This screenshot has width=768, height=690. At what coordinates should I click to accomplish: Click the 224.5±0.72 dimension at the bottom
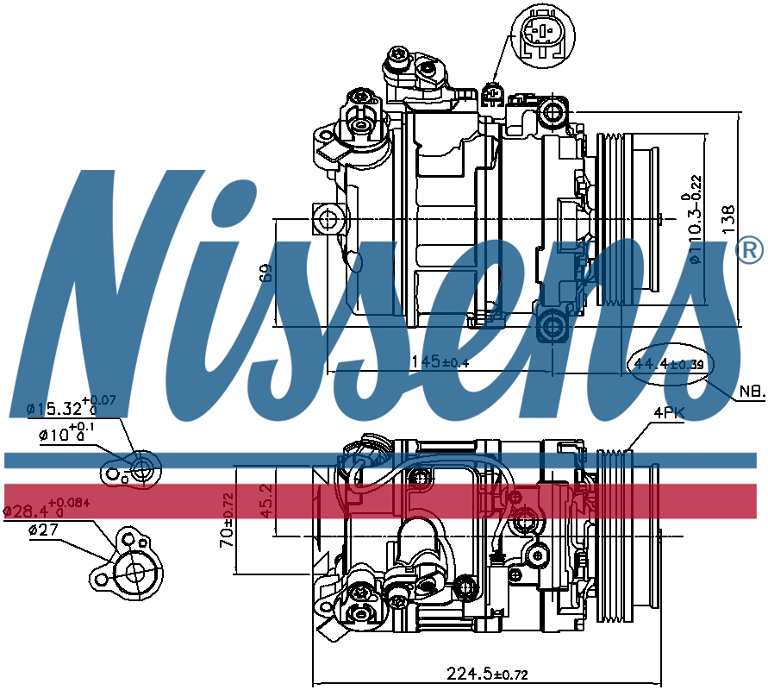[x=487, y=673]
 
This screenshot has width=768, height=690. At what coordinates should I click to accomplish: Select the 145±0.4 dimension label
[x=439, y=361]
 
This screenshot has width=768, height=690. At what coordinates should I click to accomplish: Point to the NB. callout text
[x=751, y=392]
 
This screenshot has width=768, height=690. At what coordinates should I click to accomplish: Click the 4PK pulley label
[x=668, y=414]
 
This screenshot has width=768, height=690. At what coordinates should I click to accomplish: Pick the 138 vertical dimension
[x=728, y=220]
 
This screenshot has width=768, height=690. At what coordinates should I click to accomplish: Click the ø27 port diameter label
[x=43, y=530]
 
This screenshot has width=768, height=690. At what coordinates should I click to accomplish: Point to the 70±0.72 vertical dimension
[x=226, y=520]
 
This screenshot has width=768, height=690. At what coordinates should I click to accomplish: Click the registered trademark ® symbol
[x=750, y=251]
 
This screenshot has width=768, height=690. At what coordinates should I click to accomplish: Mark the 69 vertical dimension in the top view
[x=267, y=273]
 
